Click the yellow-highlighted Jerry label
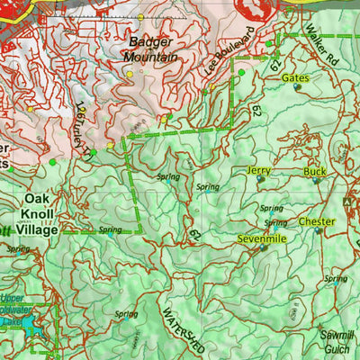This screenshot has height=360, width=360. coord(259,170)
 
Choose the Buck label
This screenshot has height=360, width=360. coord(315,171)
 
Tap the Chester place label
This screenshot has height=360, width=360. coord(317,221)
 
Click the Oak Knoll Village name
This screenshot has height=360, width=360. coord(41,213)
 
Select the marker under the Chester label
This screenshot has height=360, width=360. coord(318,231)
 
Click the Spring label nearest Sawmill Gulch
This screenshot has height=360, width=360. coord(335,279)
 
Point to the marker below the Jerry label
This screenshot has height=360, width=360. coord(261,179)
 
